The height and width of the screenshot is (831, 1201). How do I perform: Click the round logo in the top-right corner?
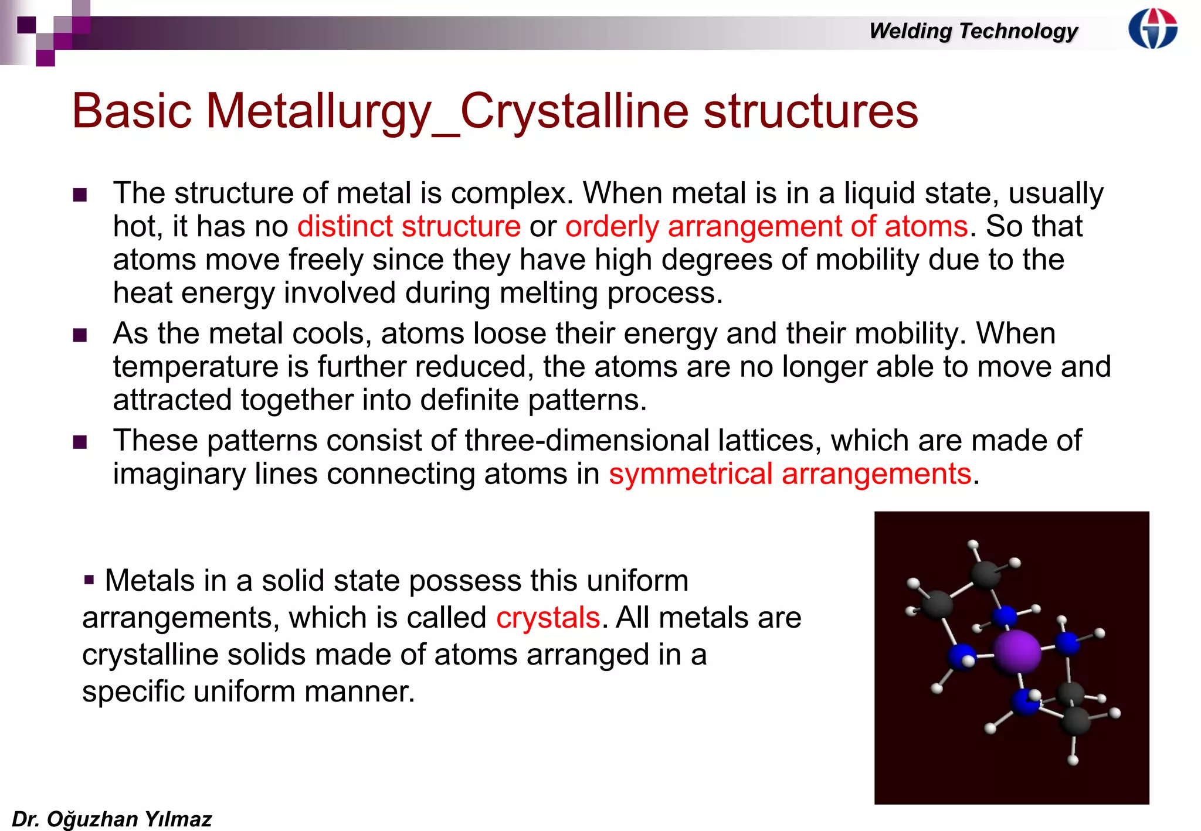coord(1153,28)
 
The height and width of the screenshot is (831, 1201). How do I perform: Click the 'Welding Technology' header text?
coord(973,31)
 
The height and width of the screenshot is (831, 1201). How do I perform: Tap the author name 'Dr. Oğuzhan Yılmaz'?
coord(111,819)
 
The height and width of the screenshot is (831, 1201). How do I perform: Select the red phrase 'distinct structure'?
coord(409,227)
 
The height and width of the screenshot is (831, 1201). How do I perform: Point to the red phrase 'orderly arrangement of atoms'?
coord(766,227)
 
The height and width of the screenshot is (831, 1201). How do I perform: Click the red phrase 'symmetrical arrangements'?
coord(790,474)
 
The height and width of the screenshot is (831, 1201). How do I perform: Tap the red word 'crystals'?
coord(548,618)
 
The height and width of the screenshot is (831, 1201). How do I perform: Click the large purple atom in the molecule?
coord(1017,651)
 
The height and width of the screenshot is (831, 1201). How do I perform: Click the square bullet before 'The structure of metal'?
coord(80,195)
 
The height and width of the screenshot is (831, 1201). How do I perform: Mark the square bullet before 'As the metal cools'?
coord(80,335)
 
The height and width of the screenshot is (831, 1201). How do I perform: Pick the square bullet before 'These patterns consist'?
coord(80,442)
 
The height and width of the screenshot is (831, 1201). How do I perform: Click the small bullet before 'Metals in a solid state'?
coord(89,580)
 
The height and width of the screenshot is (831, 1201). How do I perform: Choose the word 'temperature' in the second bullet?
coord(195,367)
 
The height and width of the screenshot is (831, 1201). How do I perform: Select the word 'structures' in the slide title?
coord(810,111)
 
